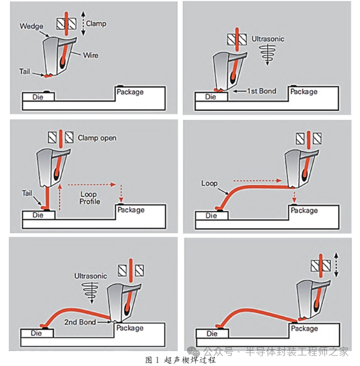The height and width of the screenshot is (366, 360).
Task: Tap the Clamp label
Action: pos(96,24)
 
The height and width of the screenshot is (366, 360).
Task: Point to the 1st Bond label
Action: pos(261,91)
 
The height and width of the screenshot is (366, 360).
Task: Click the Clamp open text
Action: pos(97,137)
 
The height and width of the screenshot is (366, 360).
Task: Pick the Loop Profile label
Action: pos(90,198)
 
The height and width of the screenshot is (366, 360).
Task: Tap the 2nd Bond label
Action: pos(80,322)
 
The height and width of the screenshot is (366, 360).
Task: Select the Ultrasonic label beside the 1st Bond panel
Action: pos(268,39)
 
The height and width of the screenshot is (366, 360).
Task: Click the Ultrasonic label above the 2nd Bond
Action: pos(91,276)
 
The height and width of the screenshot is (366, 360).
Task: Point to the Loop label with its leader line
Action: pos(209,183)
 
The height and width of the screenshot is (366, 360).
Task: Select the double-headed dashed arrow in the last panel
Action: pos(336,265)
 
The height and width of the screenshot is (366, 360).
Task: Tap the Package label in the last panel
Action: pos(304,329)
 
